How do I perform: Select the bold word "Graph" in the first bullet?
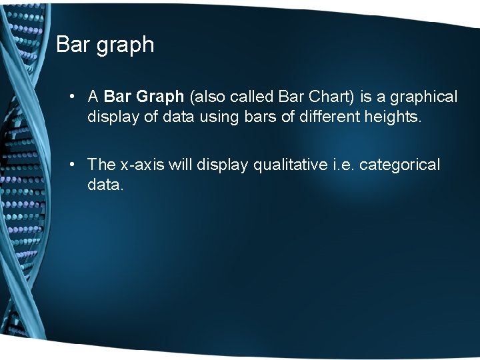pyautogui.click(x=161, y=97)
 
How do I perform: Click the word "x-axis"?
pyautogui.click(x=143, y=165)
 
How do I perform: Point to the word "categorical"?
pyautogui.click(x=400, y=165)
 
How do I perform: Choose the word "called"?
pyautogui.click(x=249, y=97)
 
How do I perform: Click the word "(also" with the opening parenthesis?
pyautogui.click(x=207, y=97)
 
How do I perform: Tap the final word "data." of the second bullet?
pyautogui.click(x=105, y=185)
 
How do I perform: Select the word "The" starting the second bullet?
pyautogui.click(x=102, y=164)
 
